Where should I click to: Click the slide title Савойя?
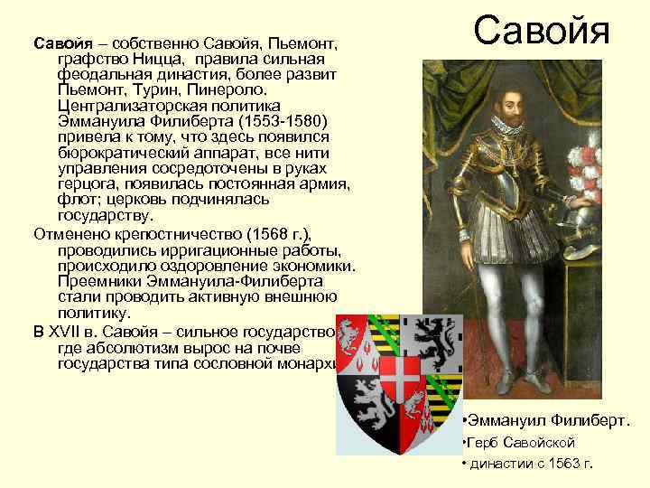[x=543, y=32]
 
